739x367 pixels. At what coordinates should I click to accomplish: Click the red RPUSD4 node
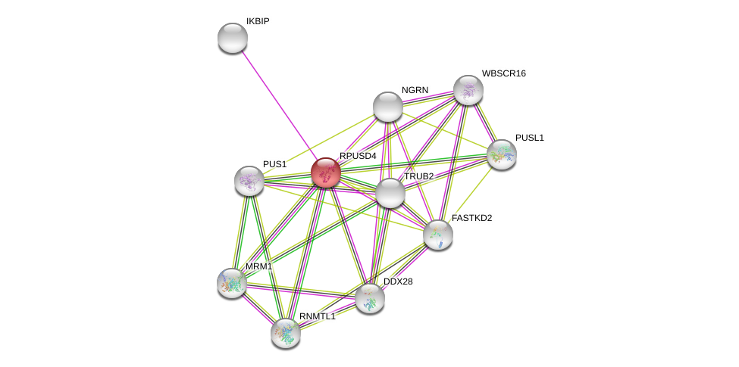pos(326,173)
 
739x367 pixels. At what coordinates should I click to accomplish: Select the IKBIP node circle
pos(233,38)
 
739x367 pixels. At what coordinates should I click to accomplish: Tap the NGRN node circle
pos(388,107)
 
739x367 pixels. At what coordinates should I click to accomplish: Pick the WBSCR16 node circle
pos(468,90)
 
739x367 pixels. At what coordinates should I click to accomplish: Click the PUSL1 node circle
pos(502,154)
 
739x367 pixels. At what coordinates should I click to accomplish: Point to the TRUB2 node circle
pos(390,193)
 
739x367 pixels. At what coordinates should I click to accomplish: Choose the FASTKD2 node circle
pos(438,235)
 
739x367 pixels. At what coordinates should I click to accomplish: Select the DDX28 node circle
pos(370,298)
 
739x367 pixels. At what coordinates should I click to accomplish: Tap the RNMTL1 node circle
pos(286,333)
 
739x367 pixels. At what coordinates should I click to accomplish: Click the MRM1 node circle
pos(232,283)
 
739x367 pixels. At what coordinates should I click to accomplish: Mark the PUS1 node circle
pos(249,181)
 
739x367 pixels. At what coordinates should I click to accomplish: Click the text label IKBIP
pos(258,21)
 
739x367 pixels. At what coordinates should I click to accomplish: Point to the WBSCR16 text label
pos(503,73)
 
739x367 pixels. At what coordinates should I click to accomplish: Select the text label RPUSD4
pos(358,156)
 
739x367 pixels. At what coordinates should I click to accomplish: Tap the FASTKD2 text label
pos(471,218)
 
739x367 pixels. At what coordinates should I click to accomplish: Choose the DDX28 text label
pos(398,281)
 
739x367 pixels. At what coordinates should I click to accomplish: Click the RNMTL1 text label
pos(317,316)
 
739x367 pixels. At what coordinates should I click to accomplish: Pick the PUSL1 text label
pos(530,138)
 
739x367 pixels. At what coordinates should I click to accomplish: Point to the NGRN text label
pos(415,90)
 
